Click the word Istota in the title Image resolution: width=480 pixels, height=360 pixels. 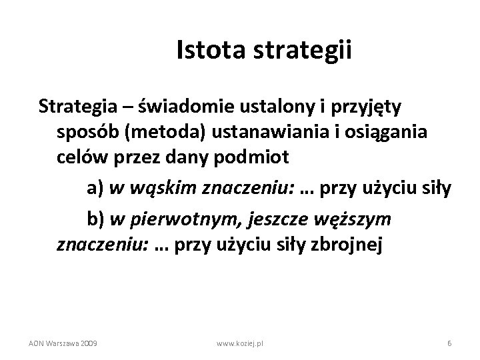[x=204, y=51]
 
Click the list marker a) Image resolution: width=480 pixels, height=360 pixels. [x=95, y=190]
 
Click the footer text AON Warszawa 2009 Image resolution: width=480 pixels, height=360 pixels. [x=63, y=343]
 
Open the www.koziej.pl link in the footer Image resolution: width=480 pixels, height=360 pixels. [x=240, y=343]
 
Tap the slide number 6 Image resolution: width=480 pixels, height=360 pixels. [x=449, y=343]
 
